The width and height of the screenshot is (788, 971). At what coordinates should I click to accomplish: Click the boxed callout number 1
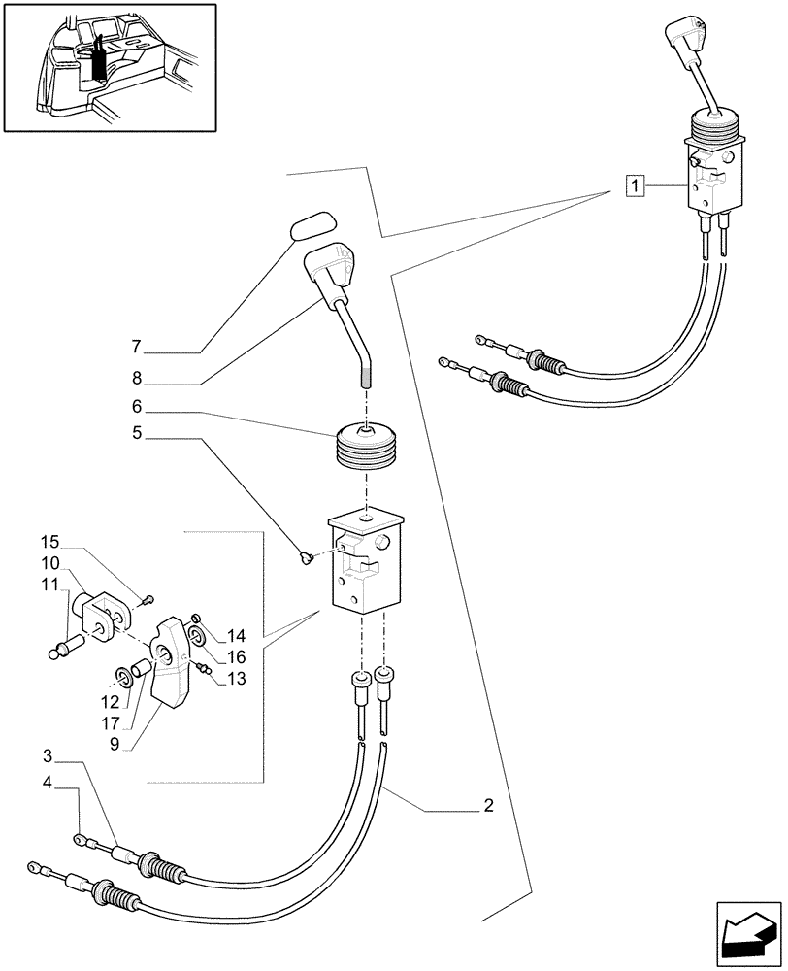pyautogui.click(x=634, y=184)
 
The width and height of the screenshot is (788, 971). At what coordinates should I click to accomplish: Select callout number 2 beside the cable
pyautogui.click(x=488, y=805)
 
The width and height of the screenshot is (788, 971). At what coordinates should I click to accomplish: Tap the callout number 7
pyautogui.click(x=137, y=346)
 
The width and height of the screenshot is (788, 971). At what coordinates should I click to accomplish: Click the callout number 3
pyautogui.click(x=48, y=754)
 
